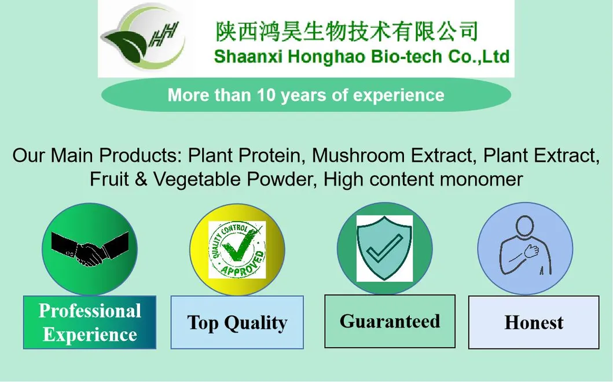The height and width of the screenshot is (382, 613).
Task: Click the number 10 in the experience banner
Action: [267, 95]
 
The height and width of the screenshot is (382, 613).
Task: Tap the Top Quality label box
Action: [237, 323]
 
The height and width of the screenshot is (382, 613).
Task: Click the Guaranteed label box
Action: [390, 321]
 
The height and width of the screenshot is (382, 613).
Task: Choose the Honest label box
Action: [534, 323]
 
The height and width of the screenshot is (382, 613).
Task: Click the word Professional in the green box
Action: [90, 311]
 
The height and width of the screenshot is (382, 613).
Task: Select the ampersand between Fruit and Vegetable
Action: [141, 179]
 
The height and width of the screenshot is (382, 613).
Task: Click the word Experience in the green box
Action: [90, 335]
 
